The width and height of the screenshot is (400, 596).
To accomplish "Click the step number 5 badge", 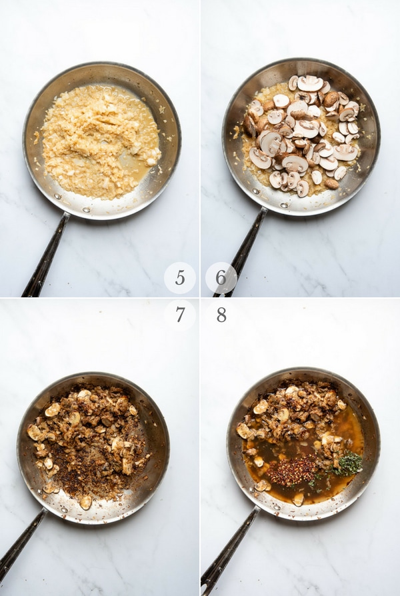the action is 180,278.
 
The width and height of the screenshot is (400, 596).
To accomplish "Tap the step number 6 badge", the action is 221,278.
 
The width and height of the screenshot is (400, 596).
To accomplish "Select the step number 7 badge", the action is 180,315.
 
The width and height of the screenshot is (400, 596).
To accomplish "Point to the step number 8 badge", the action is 221,315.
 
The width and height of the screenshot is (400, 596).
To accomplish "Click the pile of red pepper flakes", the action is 291,471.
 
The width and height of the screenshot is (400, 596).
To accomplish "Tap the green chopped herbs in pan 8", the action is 347,464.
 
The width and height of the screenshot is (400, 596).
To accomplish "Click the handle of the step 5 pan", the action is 45,255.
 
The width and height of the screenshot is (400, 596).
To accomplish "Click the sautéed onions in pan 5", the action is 99,141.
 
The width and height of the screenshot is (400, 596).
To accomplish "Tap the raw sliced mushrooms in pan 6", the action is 302,133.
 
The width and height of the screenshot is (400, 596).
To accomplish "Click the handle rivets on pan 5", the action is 72,203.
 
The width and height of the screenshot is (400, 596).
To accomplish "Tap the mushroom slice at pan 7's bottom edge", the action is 85,503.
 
